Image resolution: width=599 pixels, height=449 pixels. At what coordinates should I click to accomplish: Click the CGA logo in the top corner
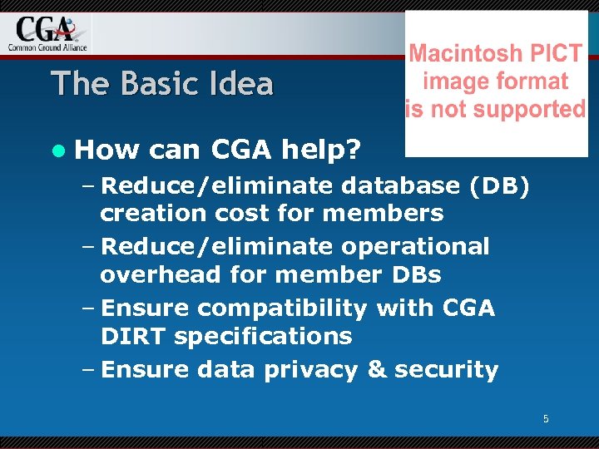(47, 32)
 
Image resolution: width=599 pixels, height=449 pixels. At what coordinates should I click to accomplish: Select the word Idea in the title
(241, 83)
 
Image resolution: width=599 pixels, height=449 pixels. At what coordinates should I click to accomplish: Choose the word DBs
(411, 274)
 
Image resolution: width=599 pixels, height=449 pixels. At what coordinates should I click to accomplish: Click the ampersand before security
(377, 370)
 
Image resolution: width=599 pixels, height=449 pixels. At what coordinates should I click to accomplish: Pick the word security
(446, 370)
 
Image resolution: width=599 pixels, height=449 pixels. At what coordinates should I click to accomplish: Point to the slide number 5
(546, 419)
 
